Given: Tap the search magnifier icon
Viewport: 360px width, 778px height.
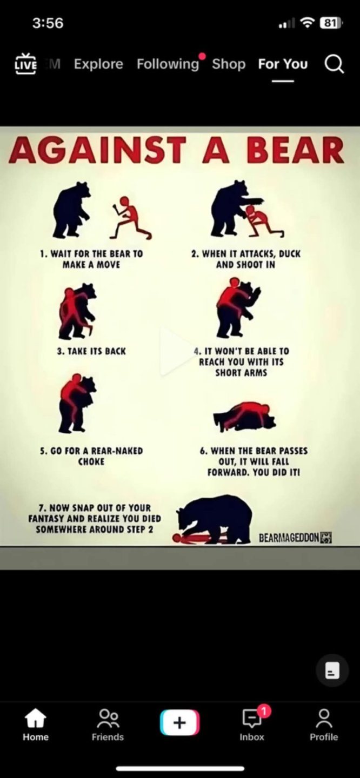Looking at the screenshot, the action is coord(334,64).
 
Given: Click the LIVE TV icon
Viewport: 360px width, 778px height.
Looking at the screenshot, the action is coord(25,64).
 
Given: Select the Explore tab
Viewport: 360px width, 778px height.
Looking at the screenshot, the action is coord(98,64).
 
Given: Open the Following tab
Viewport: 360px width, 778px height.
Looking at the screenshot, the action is coord(168,64).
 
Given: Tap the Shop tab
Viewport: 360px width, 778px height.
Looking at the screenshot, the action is coord(229,64).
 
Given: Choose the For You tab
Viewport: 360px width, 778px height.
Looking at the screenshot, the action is coord(283,64).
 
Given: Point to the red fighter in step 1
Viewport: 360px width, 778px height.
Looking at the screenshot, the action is coord(130,218).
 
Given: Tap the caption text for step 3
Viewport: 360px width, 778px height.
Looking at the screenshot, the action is coord(91,351).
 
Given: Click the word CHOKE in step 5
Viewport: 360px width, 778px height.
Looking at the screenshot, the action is coord(91,461).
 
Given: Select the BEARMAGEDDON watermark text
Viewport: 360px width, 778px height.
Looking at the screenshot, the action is coord(289,538).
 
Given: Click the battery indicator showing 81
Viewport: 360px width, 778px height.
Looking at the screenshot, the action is coord(331,23).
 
